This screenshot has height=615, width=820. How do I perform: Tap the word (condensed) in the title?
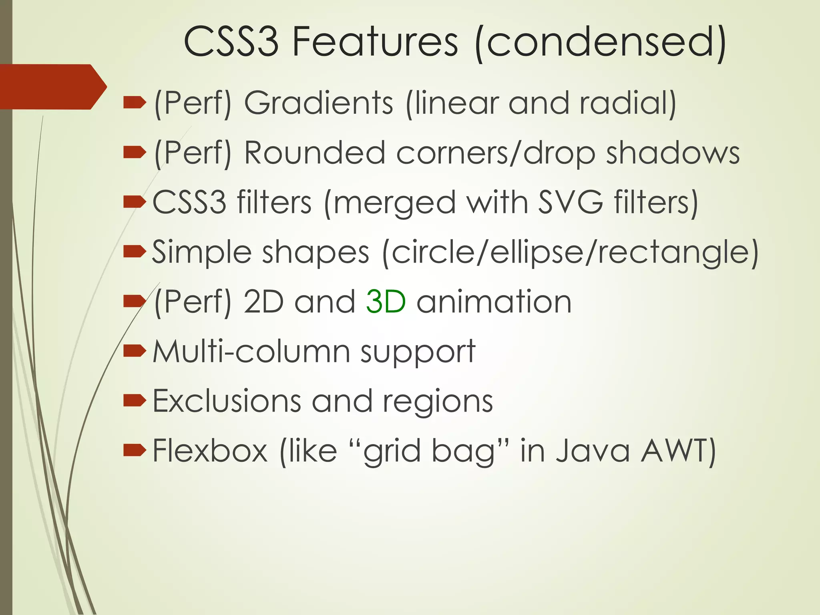(600, 42)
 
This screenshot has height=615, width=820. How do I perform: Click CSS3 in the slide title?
(231, 41)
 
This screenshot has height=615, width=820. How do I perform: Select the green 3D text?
(386, 301)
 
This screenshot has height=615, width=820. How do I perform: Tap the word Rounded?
(314, 153)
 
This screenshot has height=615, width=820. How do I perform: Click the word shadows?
(673, 153)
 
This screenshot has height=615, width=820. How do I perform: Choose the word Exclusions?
(227, 401)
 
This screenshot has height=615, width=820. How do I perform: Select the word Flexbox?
(210, 451)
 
